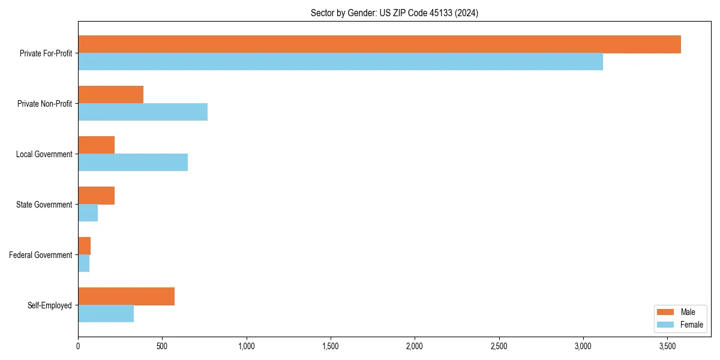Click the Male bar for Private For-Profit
(379, 44)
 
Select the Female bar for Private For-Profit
(340, 62)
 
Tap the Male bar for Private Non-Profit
(110, 94)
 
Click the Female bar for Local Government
(133, 163)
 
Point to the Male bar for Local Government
(96, 145)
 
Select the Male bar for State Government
(96, 195)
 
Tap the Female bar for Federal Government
(83, 263)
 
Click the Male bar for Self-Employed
(126, 296)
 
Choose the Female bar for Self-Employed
(106, 314)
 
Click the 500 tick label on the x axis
(162, 346)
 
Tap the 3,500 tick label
(667, 346)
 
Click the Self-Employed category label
(49, 305)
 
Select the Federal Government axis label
(41, 255)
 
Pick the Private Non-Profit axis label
(44, 104)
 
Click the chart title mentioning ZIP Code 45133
(394, 13)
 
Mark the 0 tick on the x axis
(78, 346)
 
